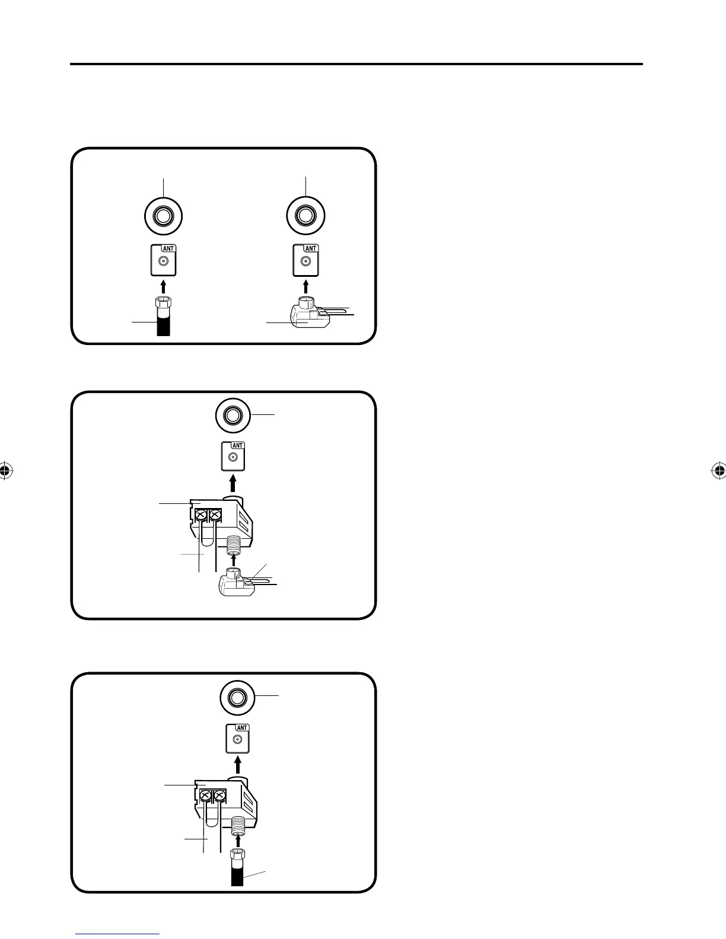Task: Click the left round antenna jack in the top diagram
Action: (163, 215)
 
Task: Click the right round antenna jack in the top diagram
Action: (305, 215)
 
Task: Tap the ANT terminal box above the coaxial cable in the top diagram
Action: (163, 260)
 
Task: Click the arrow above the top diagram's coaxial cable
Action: (163, 286)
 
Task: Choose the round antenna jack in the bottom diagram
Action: (237, 698)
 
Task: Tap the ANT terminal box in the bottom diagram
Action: (237, 739)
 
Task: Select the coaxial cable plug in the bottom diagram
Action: (238, 857)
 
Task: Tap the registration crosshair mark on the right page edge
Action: (718, 471)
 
